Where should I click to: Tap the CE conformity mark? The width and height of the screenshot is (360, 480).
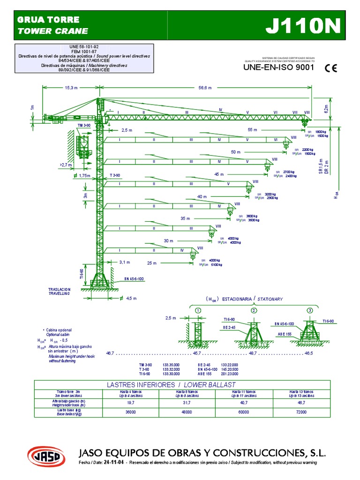[330, 67]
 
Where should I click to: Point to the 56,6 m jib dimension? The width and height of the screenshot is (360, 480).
[205, 88]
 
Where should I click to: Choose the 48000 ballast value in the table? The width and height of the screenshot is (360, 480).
[186, 412]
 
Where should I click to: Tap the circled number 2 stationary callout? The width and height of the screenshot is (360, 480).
[254, 310]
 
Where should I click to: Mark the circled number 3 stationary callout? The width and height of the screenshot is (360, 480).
[310, 310]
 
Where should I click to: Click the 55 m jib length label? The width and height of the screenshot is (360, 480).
[253, 129]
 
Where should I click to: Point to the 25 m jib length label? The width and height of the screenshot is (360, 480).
[152, 263]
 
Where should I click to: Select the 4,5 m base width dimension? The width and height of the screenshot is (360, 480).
[131, 299]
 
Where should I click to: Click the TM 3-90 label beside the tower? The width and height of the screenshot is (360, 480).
[84, 126]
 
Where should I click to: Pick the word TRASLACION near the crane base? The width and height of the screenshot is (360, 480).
[59, 289]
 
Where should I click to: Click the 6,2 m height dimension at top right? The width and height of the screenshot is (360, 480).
[325, 107]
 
